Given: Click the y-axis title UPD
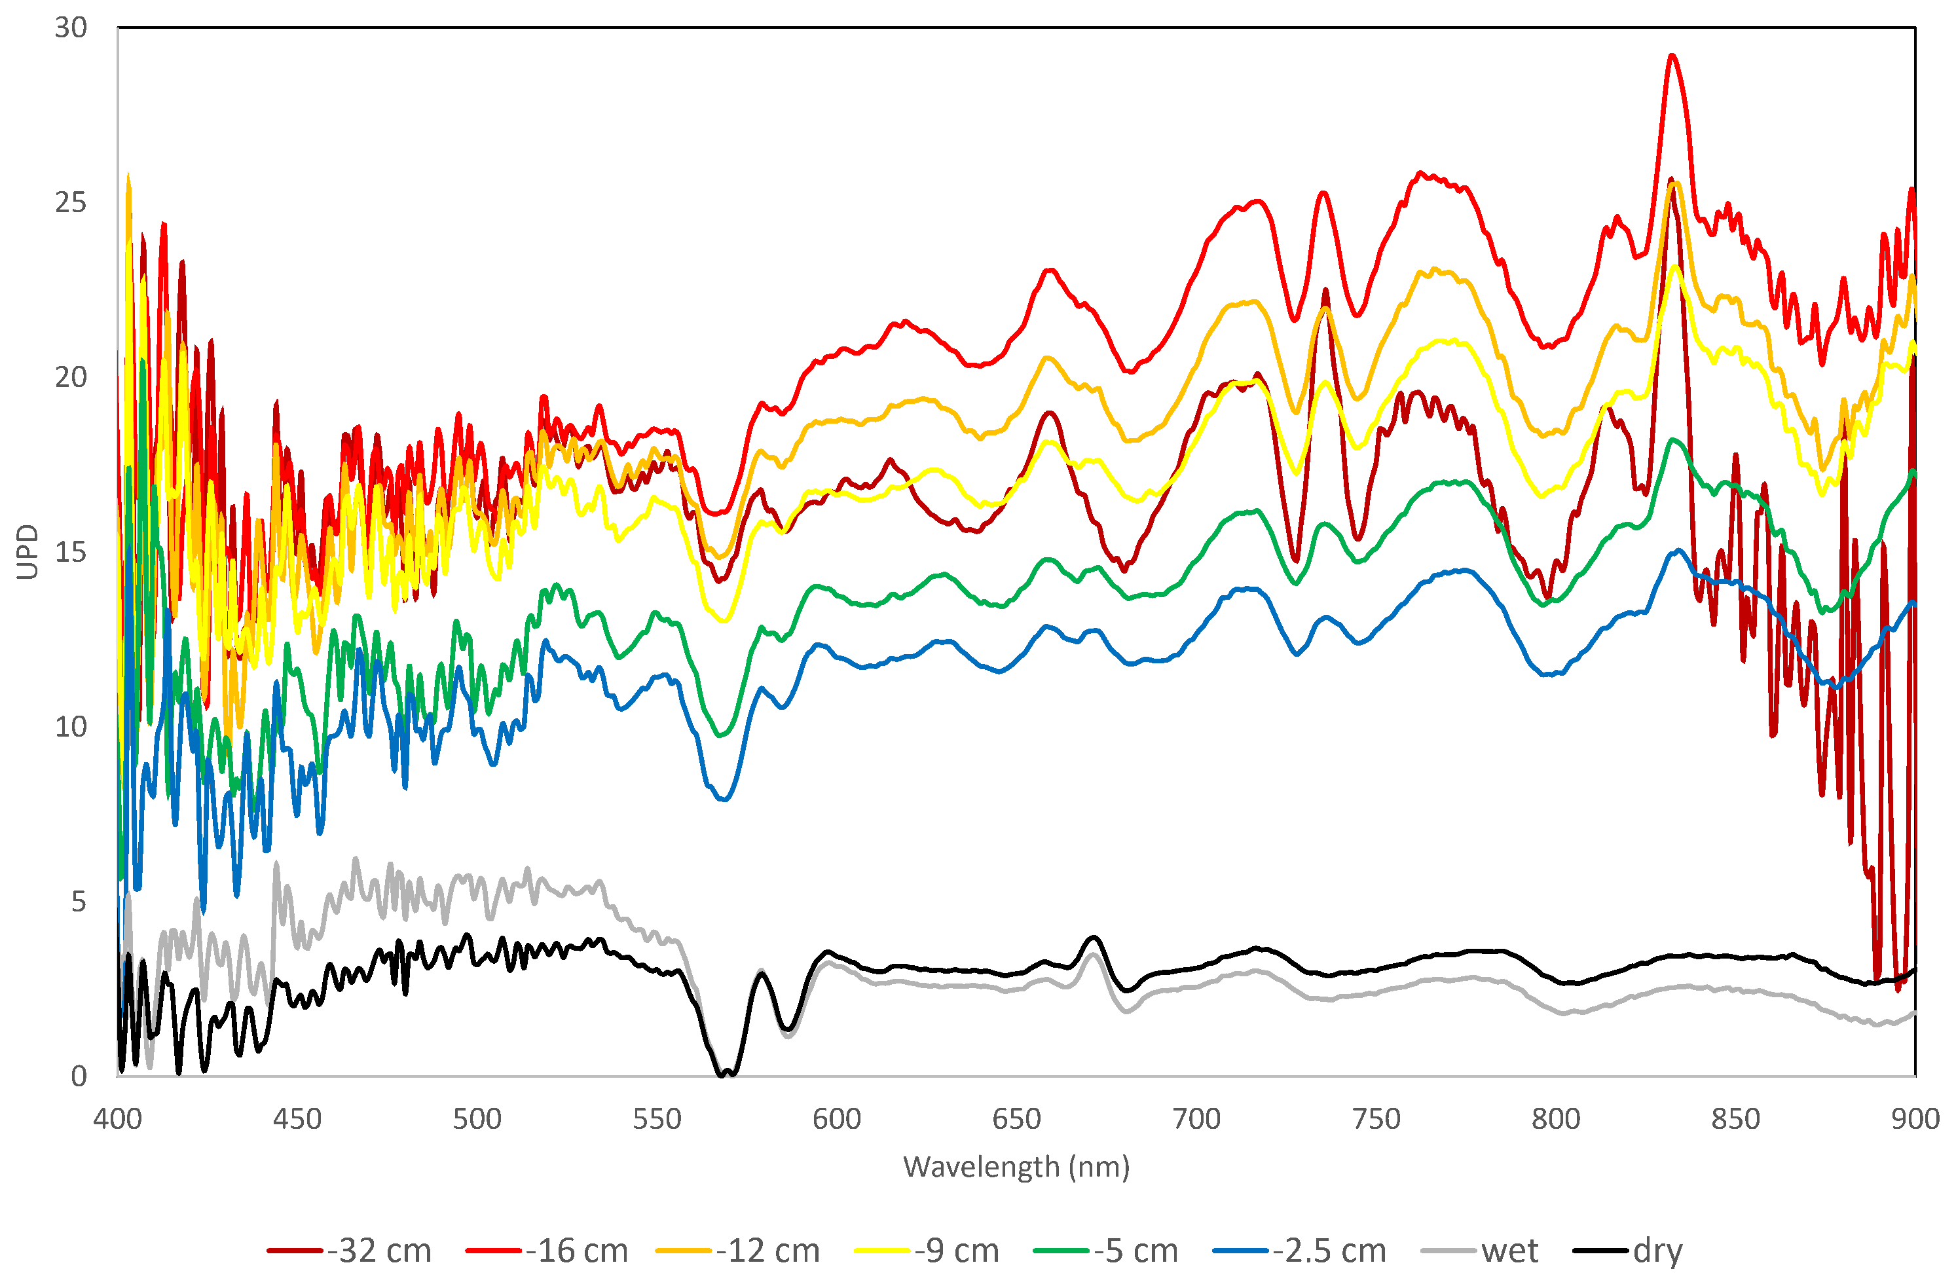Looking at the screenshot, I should click(27, 551).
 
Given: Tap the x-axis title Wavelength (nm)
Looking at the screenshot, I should click(1016, 1166).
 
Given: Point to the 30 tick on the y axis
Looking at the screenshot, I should click(71, 28).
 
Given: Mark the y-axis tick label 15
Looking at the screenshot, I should click(71, 552).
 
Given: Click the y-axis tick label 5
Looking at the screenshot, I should click(79, 902).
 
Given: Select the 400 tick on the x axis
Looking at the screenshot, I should click(117, 1118).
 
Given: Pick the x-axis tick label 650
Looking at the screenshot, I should click(1016, 1118).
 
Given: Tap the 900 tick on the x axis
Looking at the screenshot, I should click(1915, 1118).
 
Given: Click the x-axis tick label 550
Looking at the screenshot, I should click(657, 1118).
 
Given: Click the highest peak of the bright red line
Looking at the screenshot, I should click(1672, 56).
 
